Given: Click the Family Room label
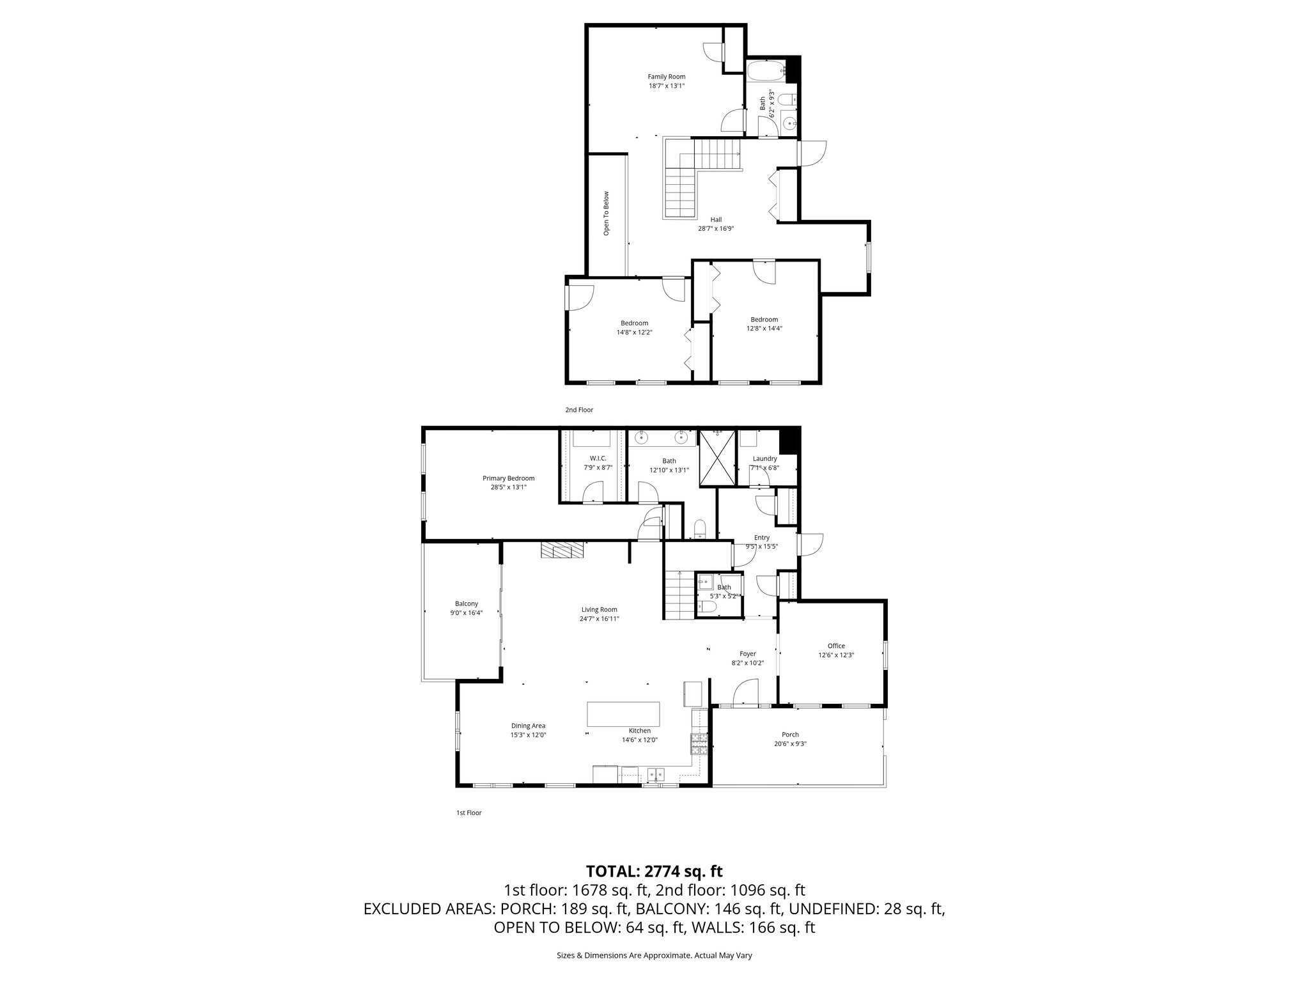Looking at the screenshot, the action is pos(666,77).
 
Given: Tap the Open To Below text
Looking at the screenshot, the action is pos(607,214).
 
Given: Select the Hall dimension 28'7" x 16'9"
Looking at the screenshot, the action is pos(716,228).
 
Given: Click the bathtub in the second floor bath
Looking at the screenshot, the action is pos(764,70).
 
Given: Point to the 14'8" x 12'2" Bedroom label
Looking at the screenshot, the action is pos(633,323).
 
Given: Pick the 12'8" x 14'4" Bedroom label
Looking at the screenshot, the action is pos(764,320).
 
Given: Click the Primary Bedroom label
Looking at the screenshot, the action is pos(508,478).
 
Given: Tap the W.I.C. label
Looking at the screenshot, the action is pos(598,458).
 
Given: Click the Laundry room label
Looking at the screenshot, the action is pos(764,458).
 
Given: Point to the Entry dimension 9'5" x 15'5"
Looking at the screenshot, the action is pos(761,547).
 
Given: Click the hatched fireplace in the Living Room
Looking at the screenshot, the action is pos(562,550).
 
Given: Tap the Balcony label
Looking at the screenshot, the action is pos(466,604).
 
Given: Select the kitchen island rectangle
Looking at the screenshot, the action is pos(623,714).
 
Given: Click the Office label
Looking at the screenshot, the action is pos(836,646).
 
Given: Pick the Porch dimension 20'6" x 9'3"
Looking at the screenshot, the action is pos(790,744).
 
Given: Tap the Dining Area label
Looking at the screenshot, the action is pos(528,726).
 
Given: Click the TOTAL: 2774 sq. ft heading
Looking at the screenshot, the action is pos(654,871).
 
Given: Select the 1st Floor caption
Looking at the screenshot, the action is pos(469,813).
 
